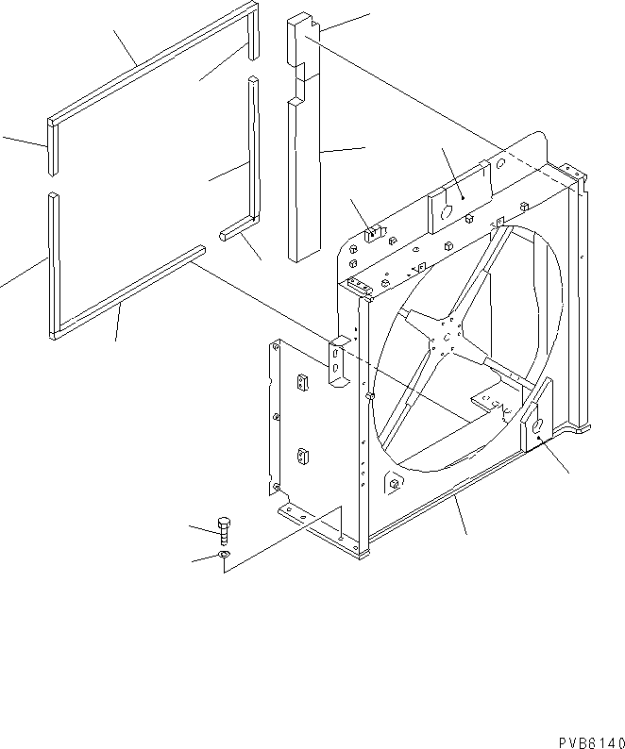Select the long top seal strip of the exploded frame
click(x=151, y=62)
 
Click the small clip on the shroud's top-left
click(x=373, y=232)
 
